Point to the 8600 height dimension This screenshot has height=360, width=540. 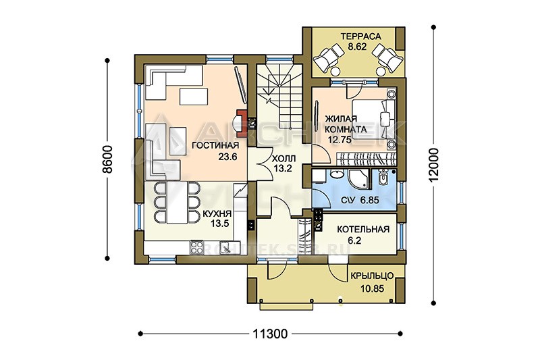point(108,159)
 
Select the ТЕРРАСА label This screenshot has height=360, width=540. point(361,36)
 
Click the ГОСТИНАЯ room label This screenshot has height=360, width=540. point(215,145)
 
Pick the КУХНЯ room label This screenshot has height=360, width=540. point(217,214)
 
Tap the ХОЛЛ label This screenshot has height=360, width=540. point(283,159)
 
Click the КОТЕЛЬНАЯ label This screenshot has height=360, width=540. point(363,230)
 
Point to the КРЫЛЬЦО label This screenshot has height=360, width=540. point(372,276)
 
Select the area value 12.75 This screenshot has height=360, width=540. point(340,140)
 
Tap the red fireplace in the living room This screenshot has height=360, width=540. point(242,122)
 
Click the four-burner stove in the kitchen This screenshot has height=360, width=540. point(197,247)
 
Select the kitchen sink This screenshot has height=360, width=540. point(225,247)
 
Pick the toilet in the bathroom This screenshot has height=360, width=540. point(383,177)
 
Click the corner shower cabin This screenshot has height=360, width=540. point(358,180)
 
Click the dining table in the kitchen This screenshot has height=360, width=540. point(178,203)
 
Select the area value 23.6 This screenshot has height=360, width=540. point(227,157)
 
